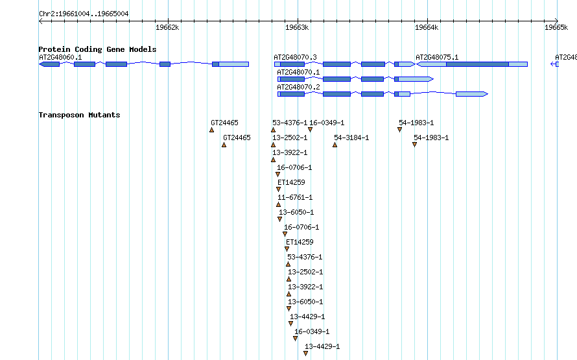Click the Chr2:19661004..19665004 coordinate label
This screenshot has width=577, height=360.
point(84,14)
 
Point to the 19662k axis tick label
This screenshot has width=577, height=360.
point(167,28)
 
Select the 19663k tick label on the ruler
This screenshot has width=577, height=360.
point(297,28)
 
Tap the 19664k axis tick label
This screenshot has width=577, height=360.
point(427,28)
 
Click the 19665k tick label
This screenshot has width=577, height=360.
point(556,28)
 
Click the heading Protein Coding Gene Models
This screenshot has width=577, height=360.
point(97,49)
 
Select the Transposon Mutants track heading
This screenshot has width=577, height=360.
point(80,115)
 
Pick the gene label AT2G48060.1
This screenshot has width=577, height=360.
point(60,58)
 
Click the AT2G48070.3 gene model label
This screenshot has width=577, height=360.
point(295,58)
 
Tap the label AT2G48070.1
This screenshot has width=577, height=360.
point(298,73)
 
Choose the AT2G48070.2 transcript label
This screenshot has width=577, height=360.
point(298,87)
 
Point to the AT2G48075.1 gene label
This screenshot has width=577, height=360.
point(437,58)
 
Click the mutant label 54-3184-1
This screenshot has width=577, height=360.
point(351,138)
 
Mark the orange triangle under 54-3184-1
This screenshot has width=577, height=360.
point(335,145)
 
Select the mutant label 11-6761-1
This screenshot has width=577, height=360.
point(295,197)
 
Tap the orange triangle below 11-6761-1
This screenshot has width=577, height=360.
point(279,205)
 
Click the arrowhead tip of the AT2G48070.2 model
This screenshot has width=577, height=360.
point(488,94)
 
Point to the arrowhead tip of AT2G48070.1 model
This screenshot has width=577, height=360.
point(434,79)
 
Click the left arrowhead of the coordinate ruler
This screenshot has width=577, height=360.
point(40,21)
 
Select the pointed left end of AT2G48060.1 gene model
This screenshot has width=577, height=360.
point(40,64)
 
